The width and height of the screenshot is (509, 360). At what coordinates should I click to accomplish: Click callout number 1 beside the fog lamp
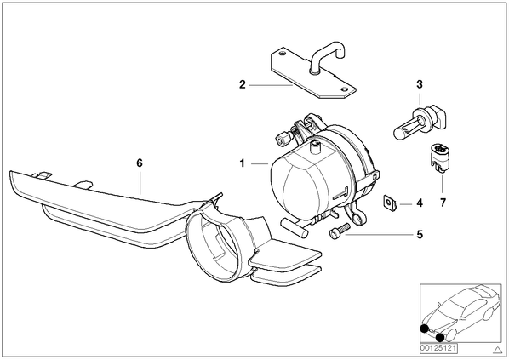(243, 163)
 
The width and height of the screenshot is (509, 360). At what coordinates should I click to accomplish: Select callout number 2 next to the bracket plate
(243, 85)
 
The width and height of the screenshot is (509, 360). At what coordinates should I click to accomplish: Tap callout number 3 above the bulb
(420, 84)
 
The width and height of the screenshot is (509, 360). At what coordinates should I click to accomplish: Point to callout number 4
(420, 203)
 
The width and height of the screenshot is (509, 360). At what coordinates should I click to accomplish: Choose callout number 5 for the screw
(420, 234)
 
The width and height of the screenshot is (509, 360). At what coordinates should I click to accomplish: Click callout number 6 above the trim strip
(140, 163)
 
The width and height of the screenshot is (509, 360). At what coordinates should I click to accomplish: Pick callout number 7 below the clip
(443, 203)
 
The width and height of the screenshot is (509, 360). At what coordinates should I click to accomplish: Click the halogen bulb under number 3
(420, 123)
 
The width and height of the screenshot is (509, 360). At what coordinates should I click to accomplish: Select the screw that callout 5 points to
(339, 230)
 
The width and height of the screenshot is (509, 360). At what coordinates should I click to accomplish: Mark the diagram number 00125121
(438, 349)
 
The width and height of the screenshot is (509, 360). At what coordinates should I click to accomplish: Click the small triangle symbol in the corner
(497, 350)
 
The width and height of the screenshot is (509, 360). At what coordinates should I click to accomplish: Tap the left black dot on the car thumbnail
(424, 329)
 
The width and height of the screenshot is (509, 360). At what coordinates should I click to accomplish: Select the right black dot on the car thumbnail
(440, 338)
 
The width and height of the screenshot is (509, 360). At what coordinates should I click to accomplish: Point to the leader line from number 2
(271, 85)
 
